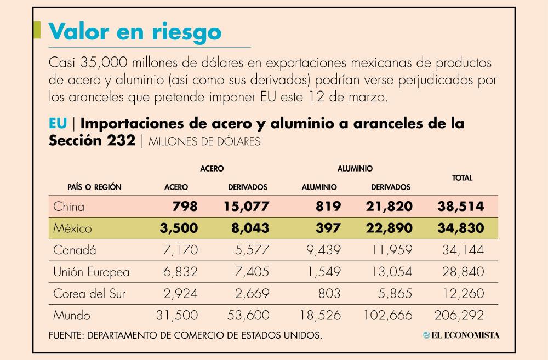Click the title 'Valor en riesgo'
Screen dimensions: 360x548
(135, 31)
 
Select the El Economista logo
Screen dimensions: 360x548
(461, 335)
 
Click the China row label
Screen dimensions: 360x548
(68, 207)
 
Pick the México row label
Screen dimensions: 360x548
(72, 228)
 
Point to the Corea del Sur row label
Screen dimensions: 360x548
(89, 294)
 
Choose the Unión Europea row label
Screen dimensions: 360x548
(92, 272)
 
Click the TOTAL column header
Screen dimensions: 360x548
(462, 178)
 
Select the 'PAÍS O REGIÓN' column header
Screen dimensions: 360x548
(94, 187)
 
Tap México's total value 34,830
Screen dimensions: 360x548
(460, 228)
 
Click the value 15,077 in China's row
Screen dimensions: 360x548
(246, 207)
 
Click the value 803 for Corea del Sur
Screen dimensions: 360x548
(329, 294)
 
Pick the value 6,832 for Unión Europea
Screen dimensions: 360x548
(180, 272)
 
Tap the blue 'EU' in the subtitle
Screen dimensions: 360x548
(58, 124)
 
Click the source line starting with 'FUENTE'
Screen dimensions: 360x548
(185, 335)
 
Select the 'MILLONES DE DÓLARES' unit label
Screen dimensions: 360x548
(204, 141)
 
